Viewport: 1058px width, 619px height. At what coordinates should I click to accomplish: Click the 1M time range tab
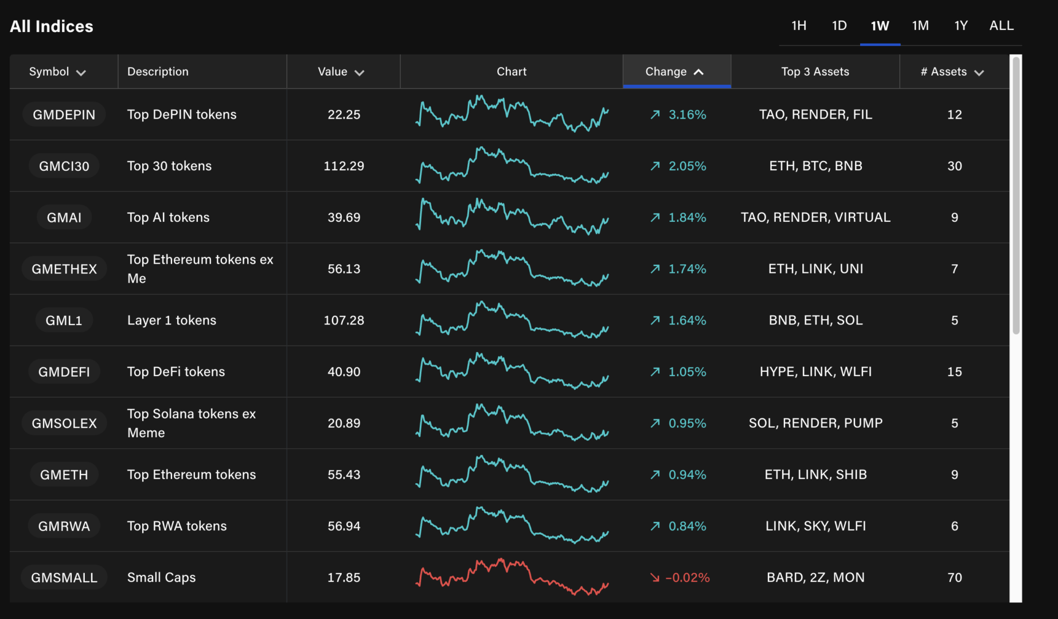[920, 26]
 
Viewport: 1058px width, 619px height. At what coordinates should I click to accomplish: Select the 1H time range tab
[798, 26]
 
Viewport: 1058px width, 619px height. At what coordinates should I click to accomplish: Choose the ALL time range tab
[1001, 26]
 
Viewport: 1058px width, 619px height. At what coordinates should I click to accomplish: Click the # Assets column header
[952, 72]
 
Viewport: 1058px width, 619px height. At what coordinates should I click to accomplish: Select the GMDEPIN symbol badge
[64, 115]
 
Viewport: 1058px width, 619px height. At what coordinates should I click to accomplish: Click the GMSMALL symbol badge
[64, 578]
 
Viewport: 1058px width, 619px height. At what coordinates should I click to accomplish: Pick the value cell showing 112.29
[343, 166]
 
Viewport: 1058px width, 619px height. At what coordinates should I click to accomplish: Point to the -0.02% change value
[687, 578]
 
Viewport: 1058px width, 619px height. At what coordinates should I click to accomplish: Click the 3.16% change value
[687, 115]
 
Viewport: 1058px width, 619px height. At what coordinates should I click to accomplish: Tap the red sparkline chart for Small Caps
[512, 577]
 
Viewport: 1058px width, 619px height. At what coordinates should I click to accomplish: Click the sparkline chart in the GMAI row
[512, 217]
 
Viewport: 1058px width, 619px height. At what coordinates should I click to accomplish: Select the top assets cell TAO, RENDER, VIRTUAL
[815, 217]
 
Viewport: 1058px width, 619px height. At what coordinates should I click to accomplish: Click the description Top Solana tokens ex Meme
[192, 423]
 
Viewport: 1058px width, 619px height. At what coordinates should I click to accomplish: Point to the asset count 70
[954, 578]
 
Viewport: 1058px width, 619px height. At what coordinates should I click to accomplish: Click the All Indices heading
[52, 26]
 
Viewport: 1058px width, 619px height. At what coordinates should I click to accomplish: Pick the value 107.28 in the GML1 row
[343, 320]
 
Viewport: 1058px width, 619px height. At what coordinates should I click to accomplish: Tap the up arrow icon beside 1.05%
[655, 372]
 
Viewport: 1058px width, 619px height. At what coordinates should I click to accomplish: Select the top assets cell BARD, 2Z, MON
[815, 578]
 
